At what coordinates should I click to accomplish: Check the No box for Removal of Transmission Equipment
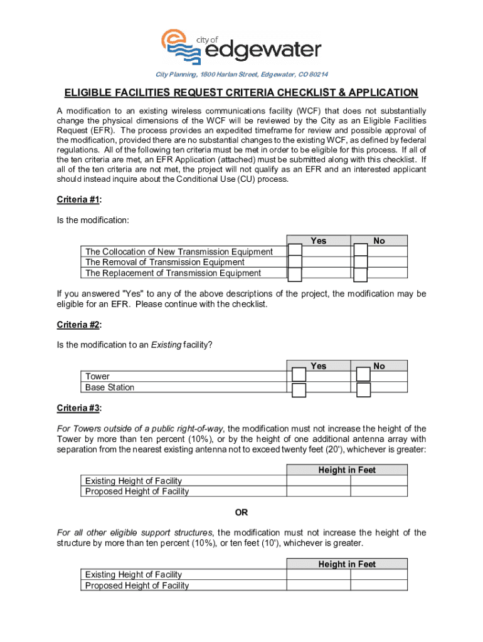coord(361,263)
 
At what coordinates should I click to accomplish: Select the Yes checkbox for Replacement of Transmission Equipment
coord(295,275)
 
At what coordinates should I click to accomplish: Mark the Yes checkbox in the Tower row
coord(299,375)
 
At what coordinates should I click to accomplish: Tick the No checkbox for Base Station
coord(363,389)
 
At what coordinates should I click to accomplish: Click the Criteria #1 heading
coord(78,199)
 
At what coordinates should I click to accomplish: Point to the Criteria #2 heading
coord(78,325)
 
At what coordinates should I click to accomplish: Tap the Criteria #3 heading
coord(78,408)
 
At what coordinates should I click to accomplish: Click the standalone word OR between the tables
coord(242,512)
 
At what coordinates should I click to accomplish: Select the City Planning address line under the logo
coord(242,75)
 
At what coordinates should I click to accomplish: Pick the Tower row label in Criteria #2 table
coord(97,376)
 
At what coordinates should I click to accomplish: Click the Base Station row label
coord(110,387)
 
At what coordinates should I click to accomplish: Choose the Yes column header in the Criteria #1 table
coord(318,241)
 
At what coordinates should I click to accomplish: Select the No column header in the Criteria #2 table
coord(379,366)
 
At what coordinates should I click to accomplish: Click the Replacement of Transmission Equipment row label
coord(173,273)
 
